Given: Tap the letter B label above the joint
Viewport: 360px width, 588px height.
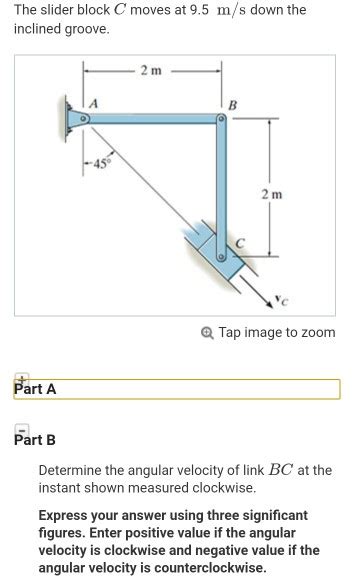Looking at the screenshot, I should tap(233, 105).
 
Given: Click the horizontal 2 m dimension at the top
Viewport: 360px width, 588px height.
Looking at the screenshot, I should tap(152, 70).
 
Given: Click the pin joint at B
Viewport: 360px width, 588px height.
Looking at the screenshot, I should tap(225, 119).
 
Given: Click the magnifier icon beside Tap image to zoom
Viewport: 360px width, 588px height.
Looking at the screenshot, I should tap(206, 332).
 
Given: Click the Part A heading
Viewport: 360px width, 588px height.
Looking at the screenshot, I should tap(35, 389).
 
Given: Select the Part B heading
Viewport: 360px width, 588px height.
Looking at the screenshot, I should tap(35, 440).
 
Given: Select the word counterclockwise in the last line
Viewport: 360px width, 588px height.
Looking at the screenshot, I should tap(195, 568).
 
